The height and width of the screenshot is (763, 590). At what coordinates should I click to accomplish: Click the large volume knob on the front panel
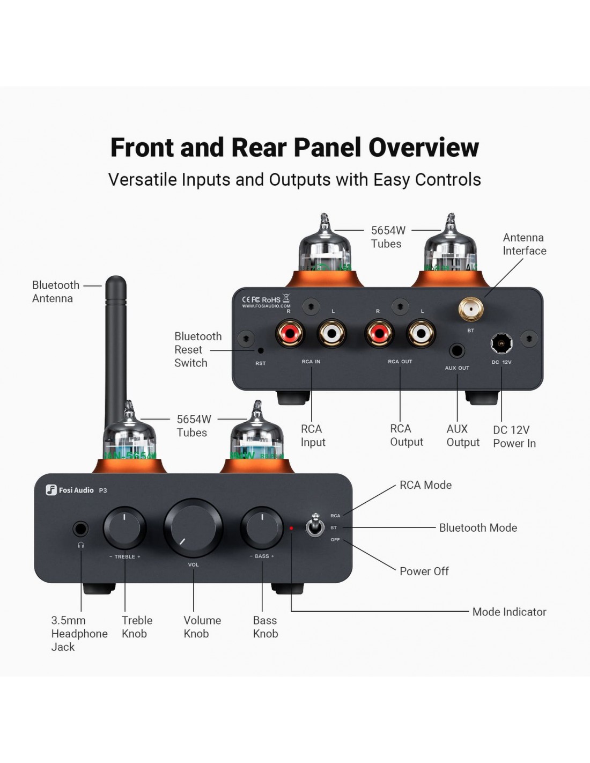coord(193,528)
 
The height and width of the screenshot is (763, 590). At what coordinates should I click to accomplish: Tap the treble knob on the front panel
coord(124,527)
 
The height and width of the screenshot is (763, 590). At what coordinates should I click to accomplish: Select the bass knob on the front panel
coord(262,527)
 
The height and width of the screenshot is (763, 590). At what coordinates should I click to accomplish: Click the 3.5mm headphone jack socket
coord(80,530)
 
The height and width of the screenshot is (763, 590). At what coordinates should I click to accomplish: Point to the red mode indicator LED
coord(291,528)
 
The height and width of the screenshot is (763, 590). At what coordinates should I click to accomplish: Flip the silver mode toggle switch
coord(315,526)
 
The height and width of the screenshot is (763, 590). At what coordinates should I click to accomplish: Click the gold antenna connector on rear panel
coord(470,309)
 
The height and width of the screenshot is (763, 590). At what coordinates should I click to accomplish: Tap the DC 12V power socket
coord(501,343)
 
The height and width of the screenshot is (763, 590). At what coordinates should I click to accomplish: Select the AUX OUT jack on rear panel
coord(456,351)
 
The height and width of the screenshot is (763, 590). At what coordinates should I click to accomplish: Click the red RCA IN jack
coord(289,334)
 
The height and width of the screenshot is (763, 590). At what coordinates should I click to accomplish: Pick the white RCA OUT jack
coord(422,334)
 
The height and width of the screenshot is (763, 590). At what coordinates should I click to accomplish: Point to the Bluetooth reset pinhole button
coord(261,350)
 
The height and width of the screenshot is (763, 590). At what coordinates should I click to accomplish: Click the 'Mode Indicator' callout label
coord(509,612)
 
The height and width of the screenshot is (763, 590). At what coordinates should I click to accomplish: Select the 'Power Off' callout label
coord(424,571)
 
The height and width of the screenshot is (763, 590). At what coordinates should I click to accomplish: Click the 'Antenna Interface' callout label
coord(524,244)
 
